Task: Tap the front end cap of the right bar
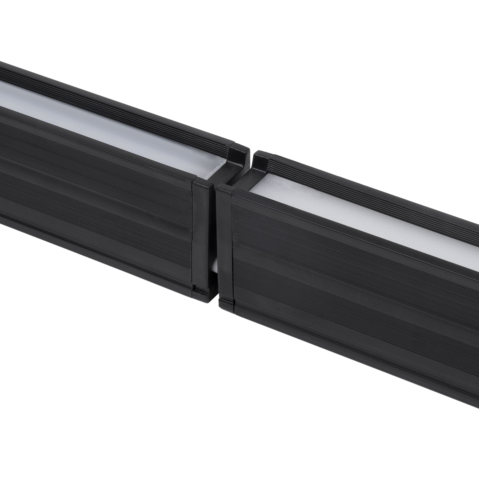point(224,247)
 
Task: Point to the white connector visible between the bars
point(214,265)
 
